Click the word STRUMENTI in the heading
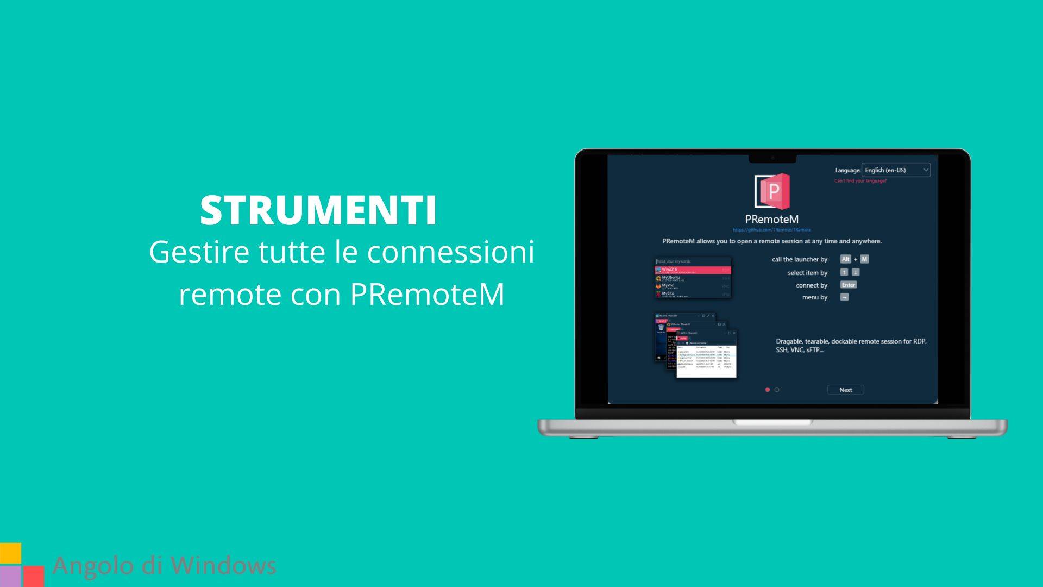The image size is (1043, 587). [x=318, y=210]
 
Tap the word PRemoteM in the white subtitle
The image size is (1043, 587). [x=427, y=294]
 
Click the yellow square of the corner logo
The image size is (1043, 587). [x=10, y=553]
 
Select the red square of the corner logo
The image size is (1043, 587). [x=34, y=576]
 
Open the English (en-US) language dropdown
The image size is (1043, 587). [x=896, y=170]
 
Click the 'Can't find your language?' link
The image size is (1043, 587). [x=860, y=181]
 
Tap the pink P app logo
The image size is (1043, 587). [x=772, y=191]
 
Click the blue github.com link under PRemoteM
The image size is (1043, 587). [x=771, y=230]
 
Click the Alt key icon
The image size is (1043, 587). [x=845, y=259]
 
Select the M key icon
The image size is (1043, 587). [x=864, y=259]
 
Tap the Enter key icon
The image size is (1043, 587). [x=848, y=285]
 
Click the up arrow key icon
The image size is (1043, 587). [x=844, y=272]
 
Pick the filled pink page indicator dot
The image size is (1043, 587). [x=768, y=390]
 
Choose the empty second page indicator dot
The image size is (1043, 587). [x=777, y=390]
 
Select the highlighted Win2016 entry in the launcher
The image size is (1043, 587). [x=693, y=270]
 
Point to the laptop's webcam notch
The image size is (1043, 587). [x=772, y=158]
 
